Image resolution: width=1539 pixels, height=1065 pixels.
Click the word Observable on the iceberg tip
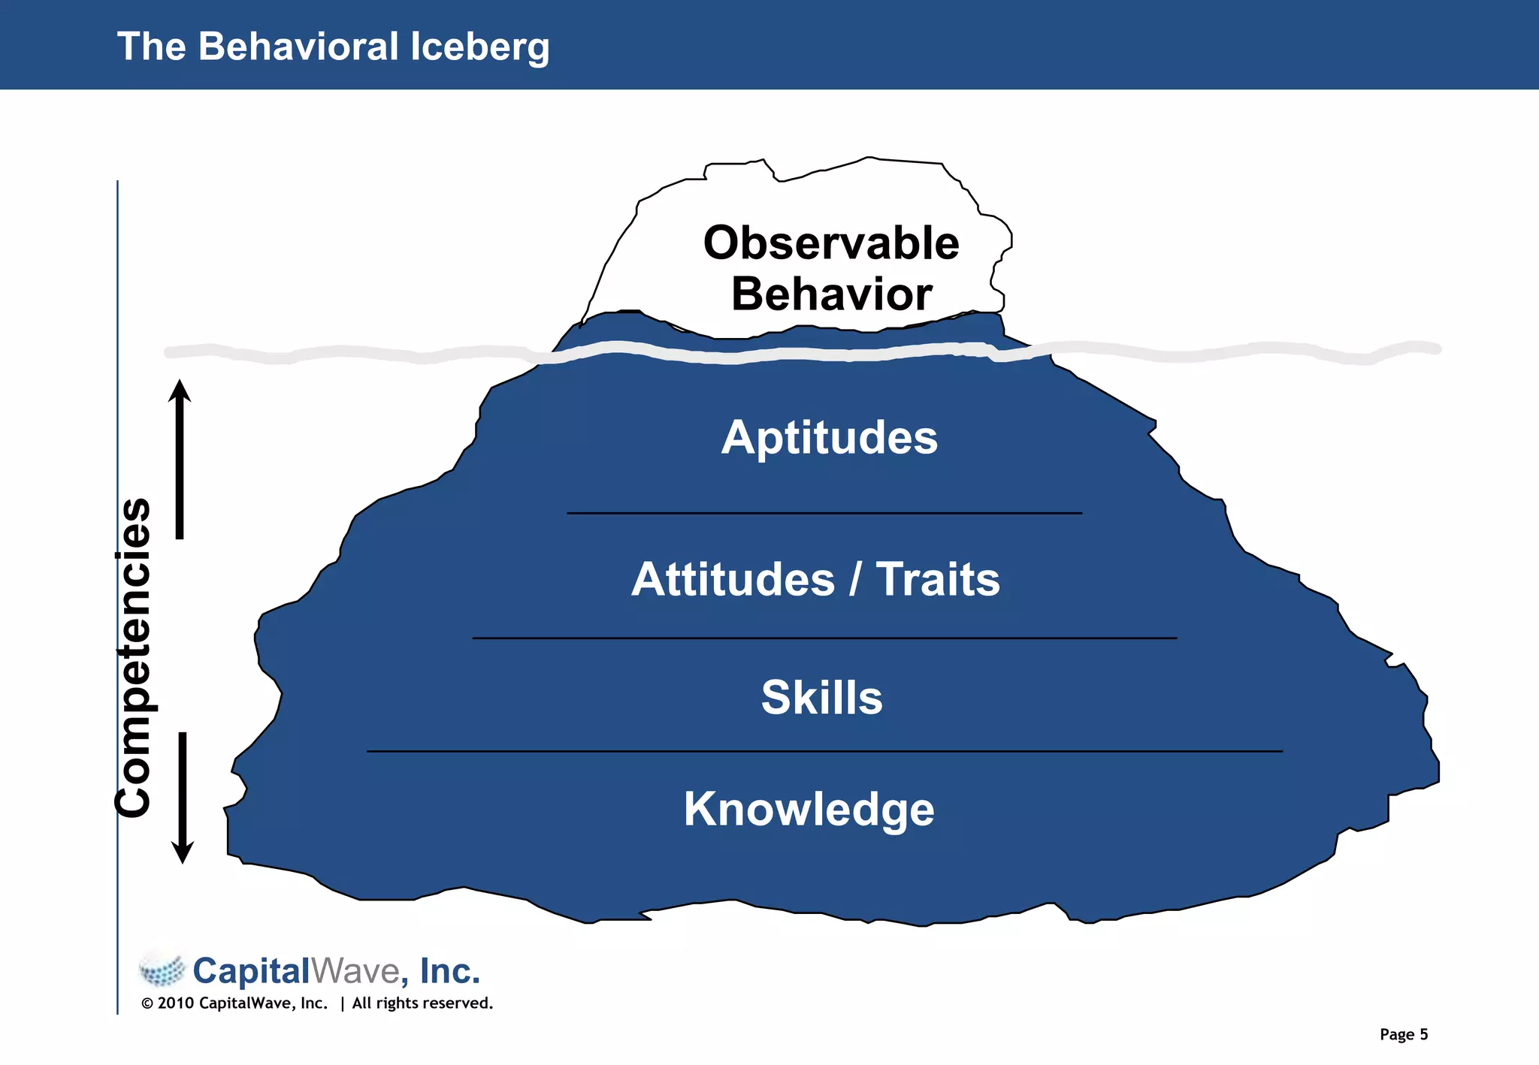(x=831, y=243)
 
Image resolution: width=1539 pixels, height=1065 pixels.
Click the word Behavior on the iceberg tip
(x=831, y=294)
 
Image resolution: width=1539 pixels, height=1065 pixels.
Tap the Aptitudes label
(x=830, y=437)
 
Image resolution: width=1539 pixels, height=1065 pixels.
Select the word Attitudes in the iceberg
(x=733, y=579)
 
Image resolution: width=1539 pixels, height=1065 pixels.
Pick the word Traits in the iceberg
(x=938, y=579)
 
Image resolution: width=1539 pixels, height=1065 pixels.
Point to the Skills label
(x=821, y=697)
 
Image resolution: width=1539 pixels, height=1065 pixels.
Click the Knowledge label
(x=809, y=810)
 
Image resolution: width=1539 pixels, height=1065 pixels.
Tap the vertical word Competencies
(x=134, y=657)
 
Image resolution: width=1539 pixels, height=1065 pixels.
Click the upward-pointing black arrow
(x=180, y=458)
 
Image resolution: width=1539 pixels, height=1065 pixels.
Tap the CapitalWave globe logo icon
(x=162, y=970)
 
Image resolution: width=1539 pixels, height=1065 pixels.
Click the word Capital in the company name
(x=251, y=971)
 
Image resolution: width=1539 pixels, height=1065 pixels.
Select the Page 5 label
(x=1403, y=1034)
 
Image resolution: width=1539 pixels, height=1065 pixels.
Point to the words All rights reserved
(x=422, y=1003)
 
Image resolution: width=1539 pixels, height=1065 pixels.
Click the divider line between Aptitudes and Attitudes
(x=824, y=514)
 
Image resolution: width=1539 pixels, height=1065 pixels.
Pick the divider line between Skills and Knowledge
(x=824, y=751)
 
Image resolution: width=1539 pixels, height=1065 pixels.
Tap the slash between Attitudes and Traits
(x=855, y=579)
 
